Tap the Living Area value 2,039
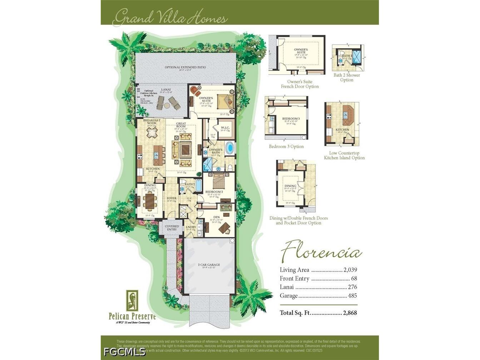(x=350, y=270)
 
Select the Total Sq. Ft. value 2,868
(x=350, y=313)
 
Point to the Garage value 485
(x=352, y=296)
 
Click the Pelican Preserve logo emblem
(x=132, y=300)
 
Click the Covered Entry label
(x=172, y=228)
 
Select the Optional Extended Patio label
(x=185, y=67)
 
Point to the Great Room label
(x=181, y=125)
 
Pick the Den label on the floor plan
(x=216, y=217)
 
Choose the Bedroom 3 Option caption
(x=286, y=146)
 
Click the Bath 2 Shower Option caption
(x=346, y=77)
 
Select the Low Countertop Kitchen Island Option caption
(x=344, y=155)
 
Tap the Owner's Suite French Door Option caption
(x=300, y=84)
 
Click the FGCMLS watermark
(x=125, y=351)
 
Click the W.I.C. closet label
(x=225, y=128)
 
